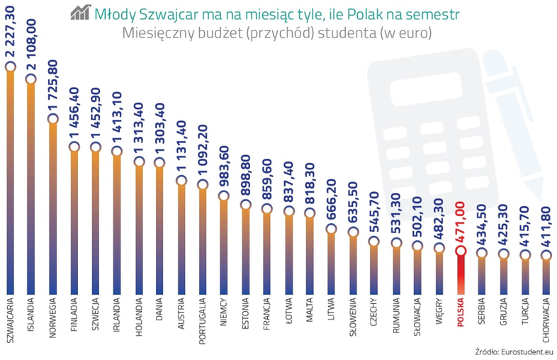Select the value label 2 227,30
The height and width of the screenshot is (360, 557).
click(11, 32)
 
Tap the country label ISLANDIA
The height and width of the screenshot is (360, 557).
click(31, 315)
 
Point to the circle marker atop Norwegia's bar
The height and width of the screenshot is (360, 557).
click(53, 118)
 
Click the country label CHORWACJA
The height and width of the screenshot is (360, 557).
click(546, 320)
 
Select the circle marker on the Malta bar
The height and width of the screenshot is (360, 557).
click(310, 213)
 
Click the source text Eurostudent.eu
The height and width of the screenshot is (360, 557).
click(527, 351)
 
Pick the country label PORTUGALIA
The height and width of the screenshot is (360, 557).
click(203, 321)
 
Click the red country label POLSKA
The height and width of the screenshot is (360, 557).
click(461, 312)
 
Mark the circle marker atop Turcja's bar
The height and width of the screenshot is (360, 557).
click(525, 255)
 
